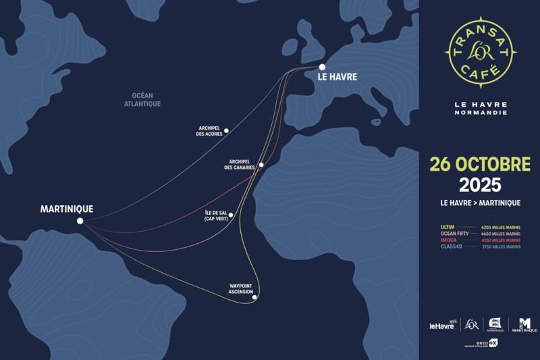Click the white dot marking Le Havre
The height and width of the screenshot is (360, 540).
(x=323, y=67)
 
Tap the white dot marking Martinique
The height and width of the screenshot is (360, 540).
(x=80, y=221)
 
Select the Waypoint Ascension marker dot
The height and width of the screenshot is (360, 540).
(x=254, y=297)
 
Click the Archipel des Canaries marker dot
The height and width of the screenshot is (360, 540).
(x=261, y=164)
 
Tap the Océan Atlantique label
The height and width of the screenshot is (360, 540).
(x=142, y=100)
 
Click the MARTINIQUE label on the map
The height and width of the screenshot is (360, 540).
(x=67, y=209)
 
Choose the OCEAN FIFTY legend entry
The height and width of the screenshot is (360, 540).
(x=454, y=234)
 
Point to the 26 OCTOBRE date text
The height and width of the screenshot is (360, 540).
(x=479, y=164)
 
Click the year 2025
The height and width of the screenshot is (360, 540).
(x=479, y=184)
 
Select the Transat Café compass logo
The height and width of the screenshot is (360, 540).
(x=480, y=55)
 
